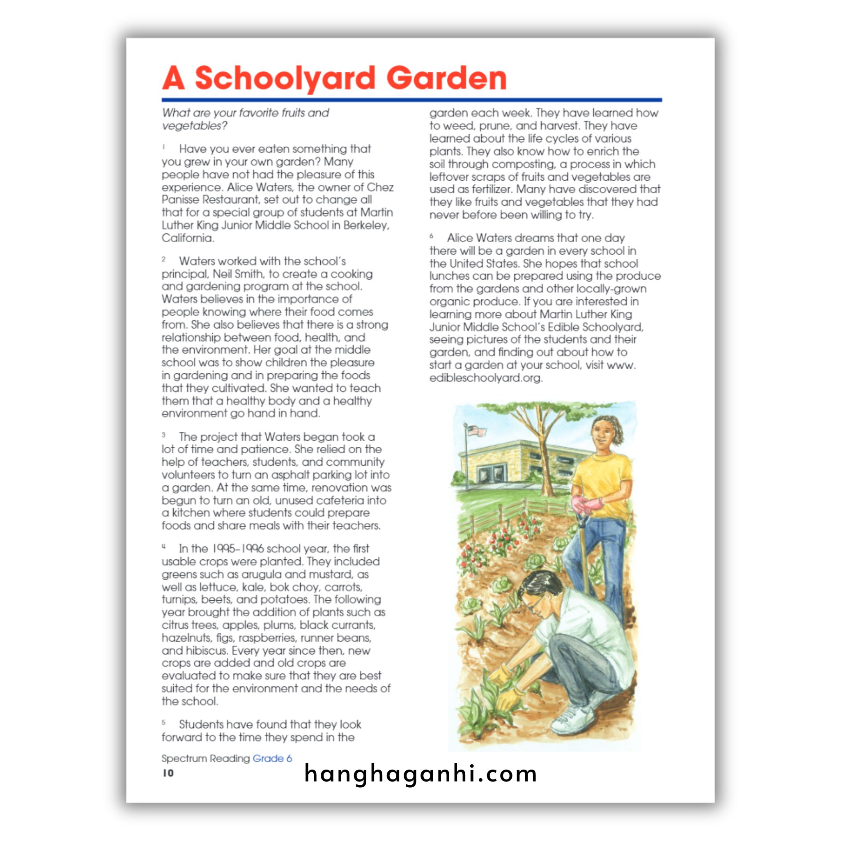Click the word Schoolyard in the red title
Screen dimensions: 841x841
coord(285,79)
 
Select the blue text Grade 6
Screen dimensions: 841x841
coord(272,758)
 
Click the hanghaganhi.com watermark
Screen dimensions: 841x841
coord(420,774)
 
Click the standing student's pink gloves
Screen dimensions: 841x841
coord(587,506)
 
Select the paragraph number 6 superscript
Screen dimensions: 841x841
coord(432,236)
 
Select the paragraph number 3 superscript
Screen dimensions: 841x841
coord(164,434)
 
